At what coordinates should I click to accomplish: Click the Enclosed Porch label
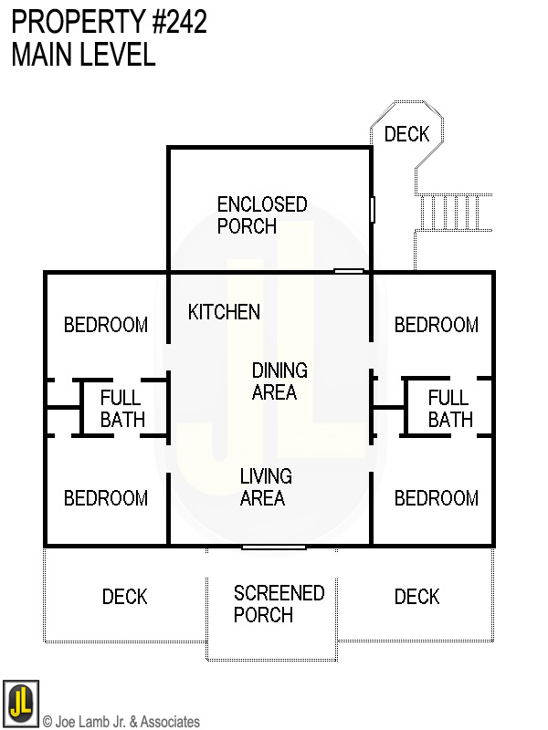(261, 215)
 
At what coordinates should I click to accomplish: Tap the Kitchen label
(224, 312)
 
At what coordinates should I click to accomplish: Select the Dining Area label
(279, 381)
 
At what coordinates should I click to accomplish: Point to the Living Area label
(265, 486)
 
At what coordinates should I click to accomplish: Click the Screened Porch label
(279, 604)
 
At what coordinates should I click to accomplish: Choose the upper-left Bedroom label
(106, 325)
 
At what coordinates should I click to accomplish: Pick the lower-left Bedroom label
(106, 498)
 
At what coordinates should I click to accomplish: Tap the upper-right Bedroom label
(436, 325)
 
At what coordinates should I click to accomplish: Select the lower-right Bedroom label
(436, 498)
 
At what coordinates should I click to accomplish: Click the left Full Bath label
(121, 409)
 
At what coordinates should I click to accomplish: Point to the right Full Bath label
(449, 409)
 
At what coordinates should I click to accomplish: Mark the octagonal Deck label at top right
(406, 135)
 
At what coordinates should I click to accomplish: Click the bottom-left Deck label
(124, 597)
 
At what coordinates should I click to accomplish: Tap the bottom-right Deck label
(416, 597)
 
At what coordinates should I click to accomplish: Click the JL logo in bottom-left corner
(20, 703)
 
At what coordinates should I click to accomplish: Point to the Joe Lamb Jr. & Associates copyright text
(121, 722)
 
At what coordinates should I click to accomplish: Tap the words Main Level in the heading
(83, 55)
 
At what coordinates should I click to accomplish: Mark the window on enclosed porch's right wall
(373, 209)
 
